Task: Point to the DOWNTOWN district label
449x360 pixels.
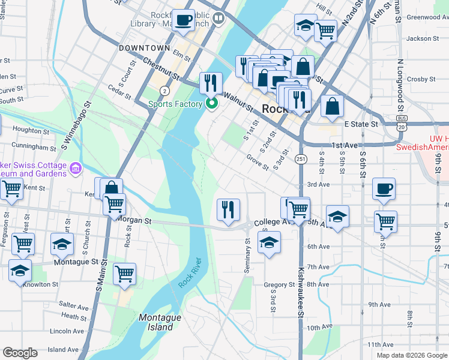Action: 145,47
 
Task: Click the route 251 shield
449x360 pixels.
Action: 301,159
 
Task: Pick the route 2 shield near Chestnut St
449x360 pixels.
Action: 164,91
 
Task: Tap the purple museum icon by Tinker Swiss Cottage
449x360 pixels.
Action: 76,167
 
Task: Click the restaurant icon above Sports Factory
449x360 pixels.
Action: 210,83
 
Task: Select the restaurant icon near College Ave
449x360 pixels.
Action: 228,209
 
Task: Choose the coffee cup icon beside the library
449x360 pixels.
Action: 184,20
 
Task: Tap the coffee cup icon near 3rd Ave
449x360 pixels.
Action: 384,188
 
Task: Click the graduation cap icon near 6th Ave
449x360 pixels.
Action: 269,243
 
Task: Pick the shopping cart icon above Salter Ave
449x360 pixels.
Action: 124,273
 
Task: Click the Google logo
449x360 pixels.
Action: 20,353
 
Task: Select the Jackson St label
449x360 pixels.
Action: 423,38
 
